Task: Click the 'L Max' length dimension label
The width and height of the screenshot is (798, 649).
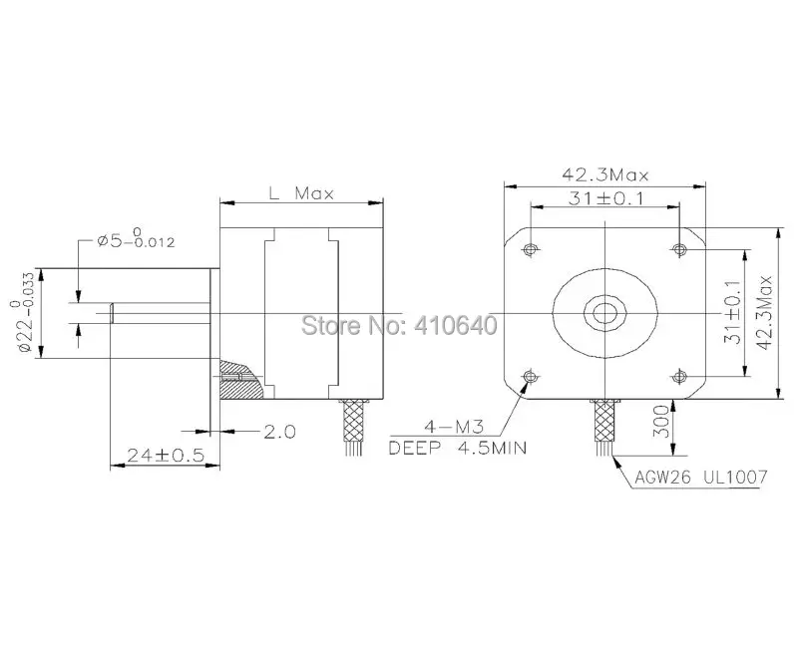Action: coord(301,193)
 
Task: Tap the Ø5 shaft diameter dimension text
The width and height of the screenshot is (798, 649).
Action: coord(136,238)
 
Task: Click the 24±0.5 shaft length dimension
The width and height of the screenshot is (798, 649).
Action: coord(166,455)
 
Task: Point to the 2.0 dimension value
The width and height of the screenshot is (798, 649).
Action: coord(279,432)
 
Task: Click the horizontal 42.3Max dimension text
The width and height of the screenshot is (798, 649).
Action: coord(605,175)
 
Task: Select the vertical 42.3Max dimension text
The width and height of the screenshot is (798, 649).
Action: coord(764,312)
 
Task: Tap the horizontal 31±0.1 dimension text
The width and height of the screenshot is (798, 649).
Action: coord(605,197)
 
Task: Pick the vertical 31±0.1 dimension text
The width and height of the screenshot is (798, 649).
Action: coord(732,312)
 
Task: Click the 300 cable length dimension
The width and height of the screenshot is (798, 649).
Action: coord(660,421)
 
